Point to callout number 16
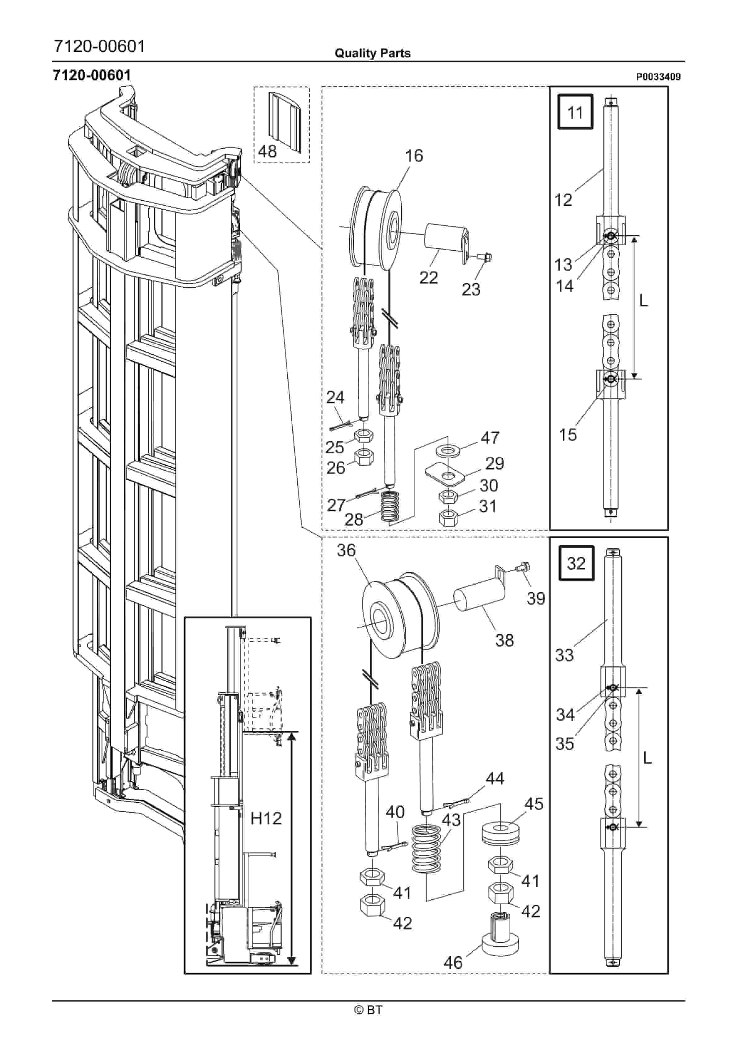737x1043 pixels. [x=414, y=156]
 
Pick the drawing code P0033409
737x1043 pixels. [x=658, y=77]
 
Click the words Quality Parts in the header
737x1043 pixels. [x=372, y=53]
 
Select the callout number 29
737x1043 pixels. [x=494, y=463]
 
